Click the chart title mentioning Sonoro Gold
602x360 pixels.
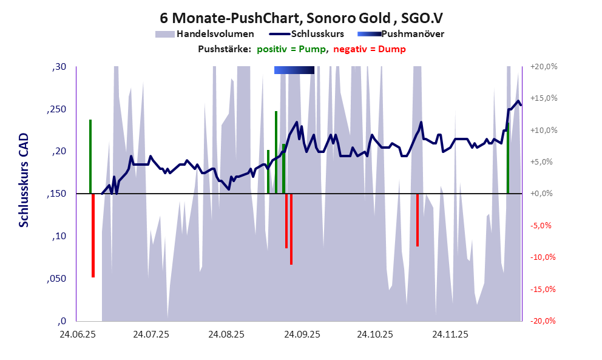pos(301,18)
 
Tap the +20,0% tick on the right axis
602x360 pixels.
pos(543,67)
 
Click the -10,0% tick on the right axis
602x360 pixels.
pos(543,257)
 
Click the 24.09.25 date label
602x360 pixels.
pos(300,334)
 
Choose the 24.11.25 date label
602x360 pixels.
pos(450,334)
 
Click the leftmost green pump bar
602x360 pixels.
pos(90,157)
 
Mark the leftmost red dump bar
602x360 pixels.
pos(93,236)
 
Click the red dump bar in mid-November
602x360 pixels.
pos(418,220)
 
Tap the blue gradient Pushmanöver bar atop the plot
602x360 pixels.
pos(294,70)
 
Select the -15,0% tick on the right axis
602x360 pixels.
pos(543,290)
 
